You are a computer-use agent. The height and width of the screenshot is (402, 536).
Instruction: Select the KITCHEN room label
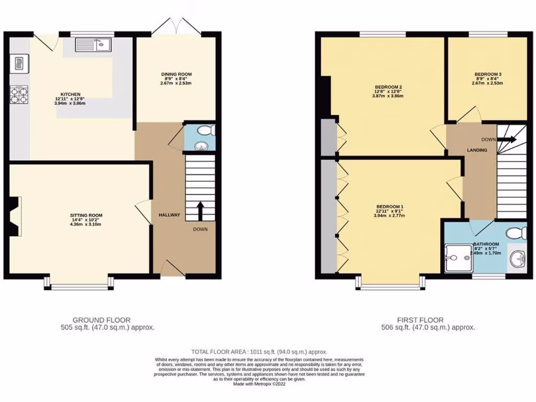[70, 94]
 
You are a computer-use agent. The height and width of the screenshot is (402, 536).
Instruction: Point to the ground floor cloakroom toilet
[208, 130]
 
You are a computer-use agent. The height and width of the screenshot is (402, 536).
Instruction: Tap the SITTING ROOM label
[86, 215]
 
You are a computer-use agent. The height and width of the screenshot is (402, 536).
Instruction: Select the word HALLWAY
[169, 215]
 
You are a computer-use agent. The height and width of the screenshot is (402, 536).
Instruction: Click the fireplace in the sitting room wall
[15, 215]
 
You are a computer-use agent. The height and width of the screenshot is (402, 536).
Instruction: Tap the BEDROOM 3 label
[487, 74]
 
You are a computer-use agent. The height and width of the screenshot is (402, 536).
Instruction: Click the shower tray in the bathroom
[458, 259]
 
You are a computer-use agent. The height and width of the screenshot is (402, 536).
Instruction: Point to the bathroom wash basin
[519, 258]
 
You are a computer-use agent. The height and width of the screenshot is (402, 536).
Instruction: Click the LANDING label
[477, 150]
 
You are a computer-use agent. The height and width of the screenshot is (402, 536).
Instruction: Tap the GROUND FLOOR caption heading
[102, 320]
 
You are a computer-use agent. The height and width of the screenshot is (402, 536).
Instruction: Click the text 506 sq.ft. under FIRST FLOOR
[398, 328]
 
